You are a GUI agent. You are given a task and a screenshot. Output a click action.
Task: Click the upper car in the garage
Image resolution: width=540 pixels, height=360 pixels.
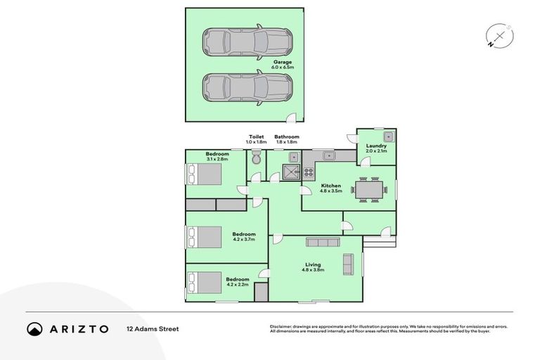point(247,42)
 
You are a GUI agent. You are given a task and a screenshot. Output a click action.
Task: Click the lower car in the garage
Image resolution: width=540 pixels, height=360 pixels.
point(247,88)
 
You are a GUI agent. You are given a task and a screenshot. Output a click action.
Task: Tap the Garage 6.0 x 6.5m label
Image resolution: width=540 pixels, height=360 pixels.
point(283,65)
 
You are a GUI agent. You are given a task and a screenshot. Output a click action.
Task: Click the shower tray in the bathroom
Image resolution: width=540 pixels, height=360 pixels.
point(290,171)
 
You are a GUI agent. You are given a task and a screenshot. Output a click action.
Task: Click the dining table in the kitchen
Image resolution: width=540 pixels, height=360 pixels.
point(370,189)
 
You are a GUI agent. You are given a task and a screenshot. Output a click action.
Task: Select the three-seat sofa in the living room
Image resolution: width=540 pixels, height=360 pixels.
point(323,243)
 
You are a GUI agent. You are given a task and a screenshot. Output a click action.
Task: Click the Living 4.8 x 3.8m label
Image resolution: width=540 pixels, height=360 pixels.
point(313,266)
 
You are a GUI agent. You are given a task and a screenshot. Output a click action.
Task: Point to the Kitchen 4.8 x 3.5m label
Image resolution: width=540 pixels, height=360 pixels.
point(331,188)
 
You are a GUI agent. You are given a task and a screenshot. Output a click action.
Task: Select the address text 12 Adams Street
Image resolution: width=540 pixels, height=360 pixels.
point(153,328)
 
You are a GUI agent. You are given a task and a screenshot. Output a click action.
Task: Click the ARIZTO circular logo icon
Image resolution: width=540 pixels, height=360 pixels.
point(35,328)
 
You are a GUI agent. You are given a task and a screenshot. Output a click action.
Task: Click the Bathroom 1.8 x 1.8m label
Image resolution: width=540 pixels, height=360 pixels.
point(287,139)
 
